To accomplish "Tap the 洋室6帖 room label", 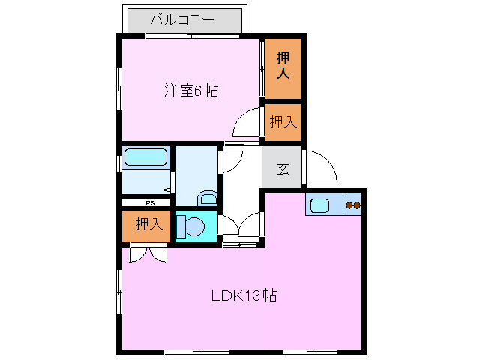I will [x=192, y=91].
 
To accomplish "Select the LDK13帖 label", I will [x=243, y=295].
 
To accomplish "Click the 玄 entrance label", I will [x=283, y=168].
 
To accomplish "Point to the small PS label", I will [x=150, y=202].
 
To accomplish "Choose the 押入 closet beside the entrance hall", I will [x=283, y=121].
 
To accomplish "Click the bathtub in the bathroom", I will [x=145, y=157].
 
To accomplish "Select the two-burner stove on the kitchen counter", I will [x=352, y=205].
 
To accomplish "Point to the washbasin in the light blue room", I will [x=208, y=199].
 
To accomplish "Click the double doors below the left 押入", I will [x=148, y=253].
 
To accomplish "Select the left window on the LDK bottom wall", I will [x=196, y=352].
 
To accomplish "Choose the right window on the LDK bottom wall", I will [x=309, y=352].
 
